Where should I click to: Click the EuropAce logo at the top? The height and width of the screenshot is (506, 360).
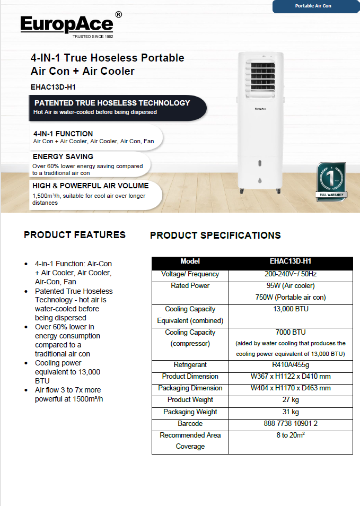[67, 25]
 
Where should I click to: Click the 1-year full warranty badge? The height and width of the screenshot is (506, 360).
[331, 181]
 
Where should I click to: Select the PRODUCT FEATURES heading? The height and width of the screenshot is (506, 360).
[75, 234]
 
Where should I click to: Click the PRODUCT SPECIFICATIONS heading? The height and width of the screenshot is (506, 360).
[215, 235]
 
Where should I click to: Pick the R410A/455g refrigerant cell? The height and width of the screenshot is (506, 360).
[291, 365]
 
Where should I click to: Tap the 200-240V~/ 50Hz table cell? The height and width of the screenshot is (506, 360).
[291, 274]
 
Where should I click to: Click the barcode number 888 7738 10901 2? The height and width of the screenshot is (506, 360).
[291, 424]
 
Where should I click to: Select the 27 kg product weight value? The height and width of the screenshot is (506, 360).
[291, 400]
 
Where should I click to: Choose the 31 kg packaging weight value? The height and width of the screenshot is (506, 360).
[291, 412]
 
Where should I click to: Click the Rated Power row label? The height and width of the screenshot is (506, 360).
[190, 286]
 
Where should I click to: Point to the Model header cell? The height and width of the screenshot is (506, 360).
[190, 261]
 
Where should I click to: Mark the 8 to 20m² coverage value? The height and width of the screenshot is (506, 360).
[291, 435]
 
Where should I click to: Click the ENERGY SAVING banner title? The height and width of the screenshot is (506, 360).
[63, 156]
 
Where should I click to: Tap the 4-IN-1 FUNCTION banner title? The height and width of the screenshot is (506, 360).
[63, 134]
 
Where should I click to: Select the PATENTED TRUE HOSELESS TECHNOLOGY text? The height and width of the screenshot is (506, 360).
[112, 103]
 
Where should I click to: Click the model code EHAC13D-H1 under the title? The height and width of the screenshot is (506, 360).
[50, 86]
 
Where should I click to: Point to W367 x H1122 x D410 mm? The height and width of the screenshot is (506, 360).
[291, 377]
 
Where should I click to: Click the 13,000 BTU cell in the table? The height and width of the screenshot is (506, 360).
[291, 309]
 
